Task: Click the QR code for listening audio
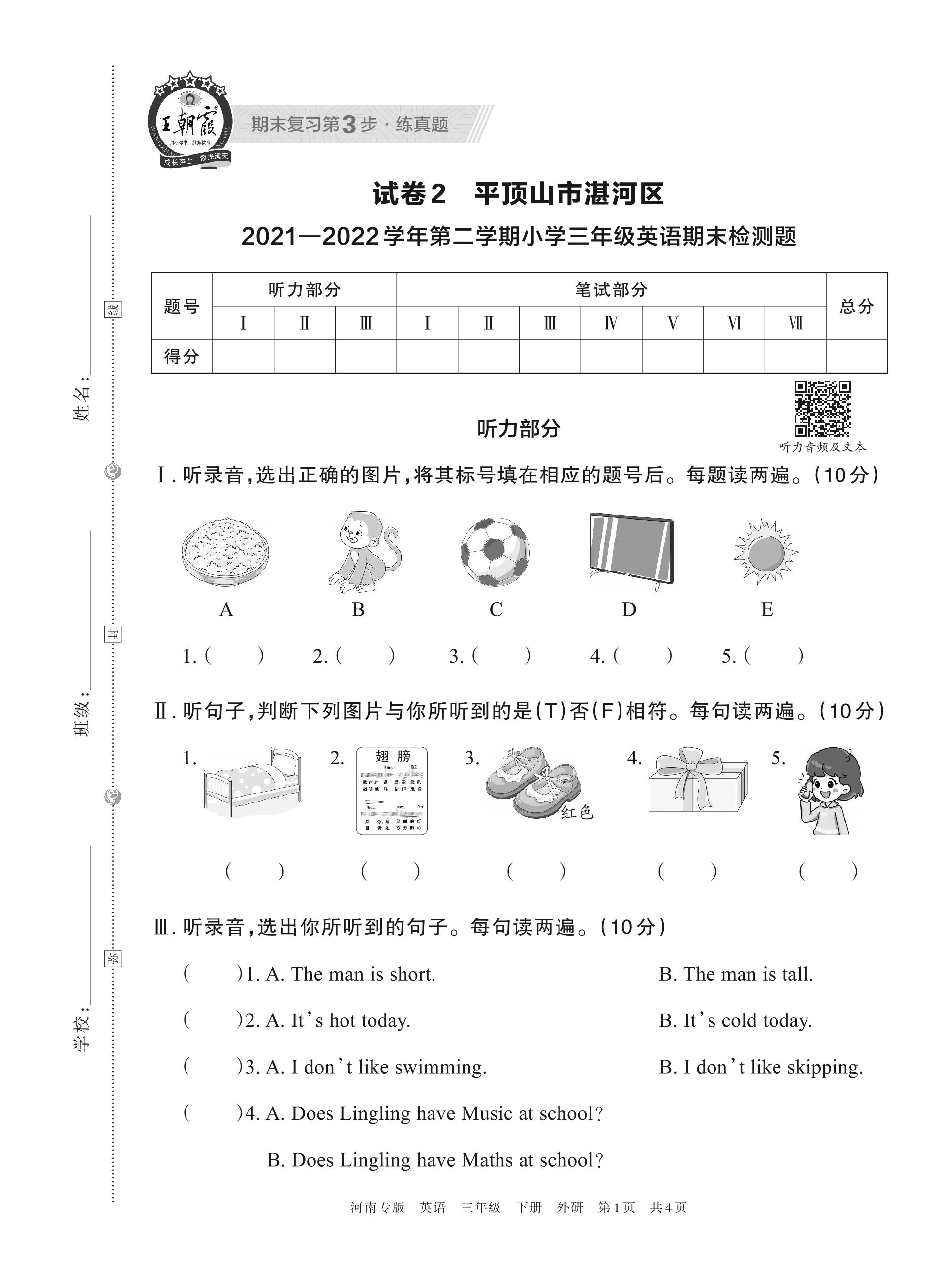(822, 410)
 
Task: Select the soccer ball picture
(495, 552)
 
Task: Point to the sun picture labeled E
(766, 551)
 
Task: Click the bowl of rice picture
(225, 551)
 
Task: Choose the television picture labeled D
(631, 550)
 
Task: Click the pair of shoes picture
(532, 782)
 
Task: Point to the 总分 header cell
(857, 306)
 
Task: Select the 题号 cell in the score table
(182, 306)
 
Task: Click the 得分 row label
(182, 356)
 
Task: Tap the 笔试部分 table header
(611, 290)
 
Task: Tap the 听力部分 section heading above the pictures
(519, 429)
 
